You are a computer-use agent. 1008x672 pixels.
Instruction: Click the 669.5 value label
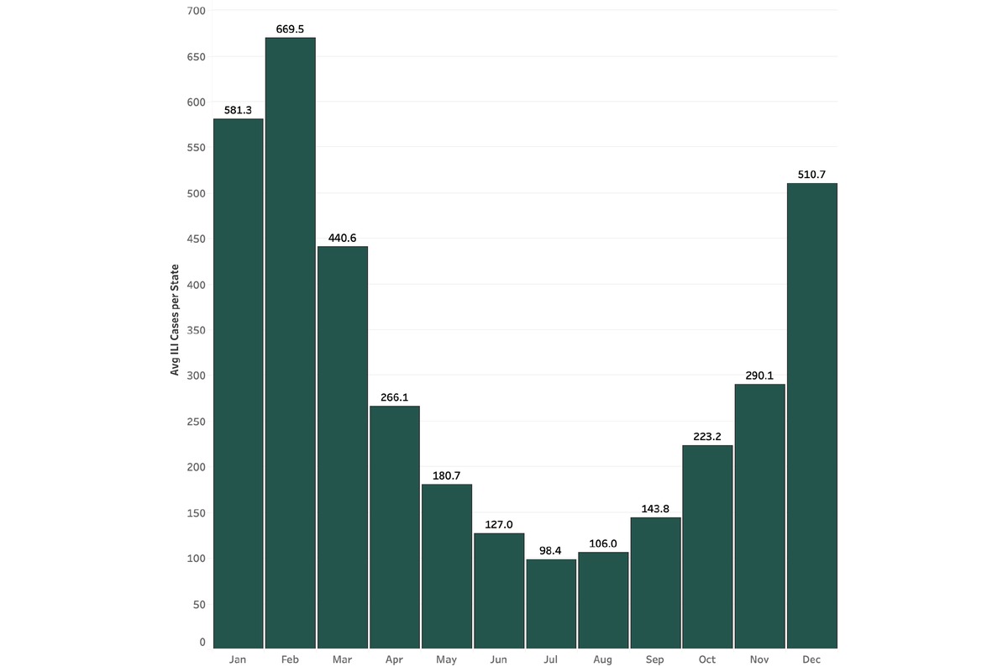[x=291, y=29]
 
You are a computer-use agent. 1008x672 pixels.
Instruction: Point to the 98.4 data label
[x=551, y=550]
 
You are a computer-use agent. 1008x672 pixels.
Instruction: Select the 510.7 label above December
[x=811, y=175]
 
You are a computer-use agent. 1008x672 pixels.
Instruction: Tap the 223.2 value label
[x=707, y=437]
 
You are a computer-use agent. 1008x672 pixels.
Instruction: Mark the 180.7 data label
[x=447, y=475]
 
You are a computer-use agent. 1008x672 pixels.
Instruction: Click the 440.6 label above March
[x=343, y=238]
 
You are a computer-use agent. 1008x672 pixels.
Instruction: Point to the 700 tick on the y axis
[x=197, y=11]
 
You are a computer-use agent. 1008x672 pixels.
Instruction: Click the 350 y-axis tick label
[x=197, y=330]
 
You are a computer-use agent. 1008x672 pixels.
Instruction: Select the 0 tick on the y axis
[x=202, y=642]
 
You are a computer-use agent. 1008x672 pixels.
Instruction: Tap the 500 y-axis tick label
[x=197, y=193]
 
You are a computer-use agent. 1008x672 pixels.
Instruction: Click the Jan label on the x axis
[x=239, y=659]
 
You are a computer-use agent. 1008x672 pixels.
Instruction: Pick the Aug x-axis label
[x=603, y=659]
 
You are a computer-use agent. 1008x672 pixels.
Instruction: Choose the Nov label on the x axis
[x=759, y=659]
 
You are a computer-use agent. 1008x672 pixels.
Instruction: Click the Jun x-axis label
[x=499, y=659]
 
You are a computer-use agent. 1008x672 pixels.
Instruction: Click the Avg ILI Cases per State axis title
[x=176, y=328]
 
